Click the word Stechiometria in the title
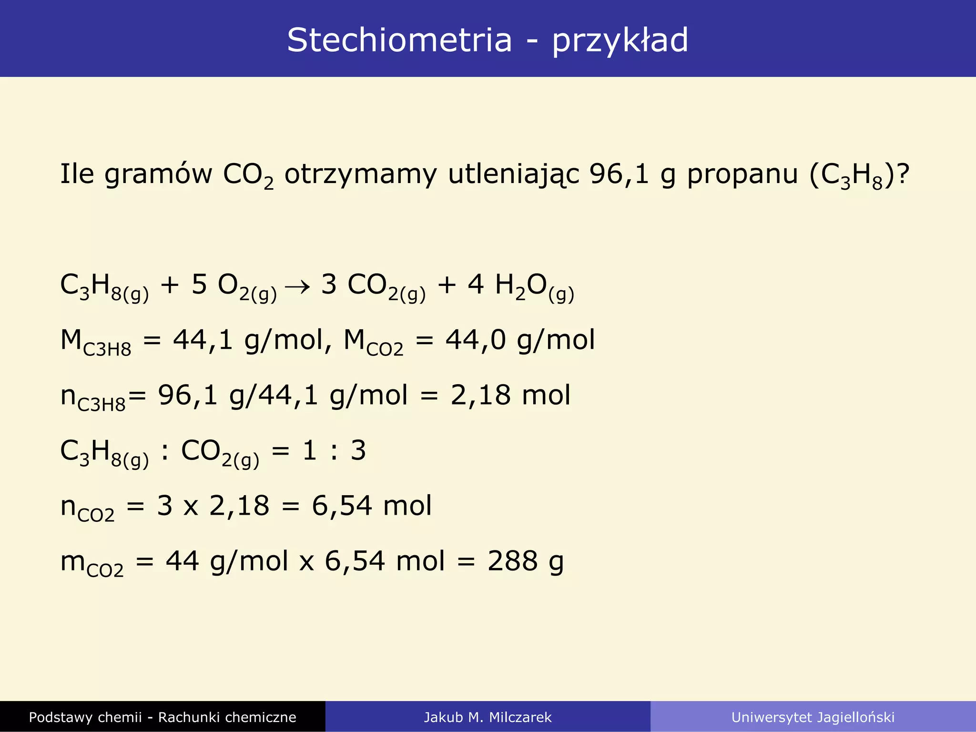tap(399, 40)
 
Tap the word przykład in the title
tap(620, 41)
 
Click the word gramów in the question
tap(158, 174)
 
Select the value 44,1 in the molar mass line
tap(203, 341)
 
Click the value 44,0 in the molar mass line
tap(475, 341)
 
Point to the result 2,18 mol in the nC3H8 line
tap(510, 396)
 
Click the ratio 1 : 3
tap(334, 451)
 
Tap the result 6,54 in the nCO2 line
tap(341, 506)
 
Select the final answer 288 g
tap(525, 561)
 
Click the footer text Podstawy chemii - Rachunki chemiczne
tap(163, 717)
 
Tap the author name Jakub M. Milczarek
tap(488, 717)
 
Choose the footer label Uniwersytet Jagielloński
tap(813, 717)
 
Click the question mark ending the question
tap(902, 174)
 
